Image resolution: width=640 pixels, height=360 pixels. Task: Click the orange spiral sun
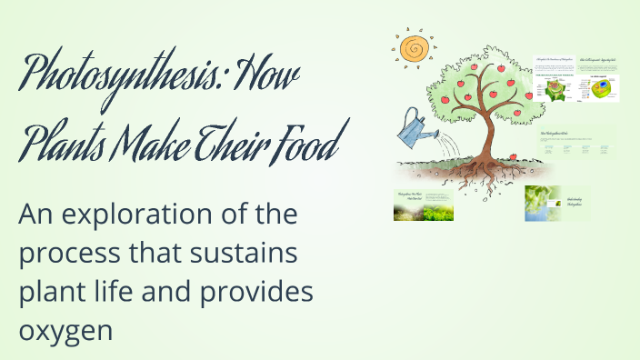(415, 49)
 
